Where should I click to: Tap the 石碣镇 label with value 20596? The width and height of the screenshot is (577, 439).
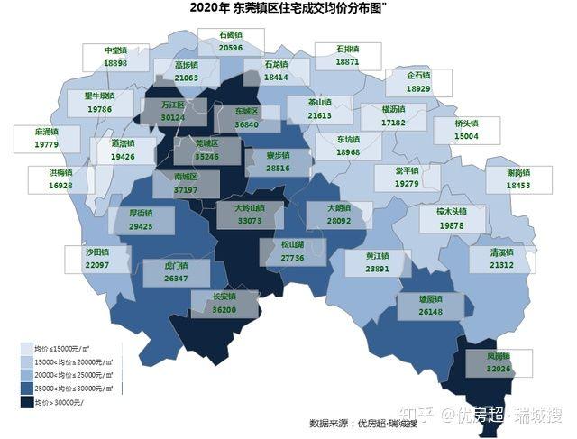coord(231,41)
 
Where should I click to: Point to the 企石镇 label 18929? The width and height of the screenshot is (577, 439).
coord(417,83)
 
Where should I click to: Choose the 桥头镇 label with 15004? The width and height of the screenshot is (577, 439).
coord(466,130)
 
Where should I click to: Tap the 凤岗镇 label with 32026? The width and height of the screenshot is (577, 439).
coord(498,362)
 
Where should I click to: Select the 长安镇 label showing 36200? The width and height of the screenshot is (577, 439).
coord(224,303)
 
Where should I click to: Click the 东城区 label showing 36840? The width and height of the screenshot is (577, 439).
coord(246,117)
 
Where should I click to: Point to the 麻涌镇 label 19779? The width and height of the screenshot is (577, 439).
coord(46,138)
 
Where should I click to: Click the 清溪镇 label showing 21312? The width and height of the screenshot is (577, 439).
coord(501,259)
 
